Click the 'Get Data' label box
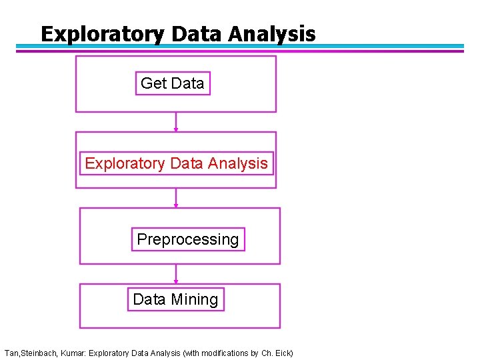click(x=173, y=83)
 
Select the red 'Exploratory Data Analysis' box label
click(x=177, y=163)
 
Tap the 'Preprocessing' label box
click(x=188, y=239)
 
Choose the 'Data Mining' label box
click(x=175, y=299)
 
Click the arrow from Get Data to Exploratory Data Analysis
click(x=176, y=122)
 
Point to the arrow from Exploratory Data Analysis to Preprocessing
click(x=176, y=198)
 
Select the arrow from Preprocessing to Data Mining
click(x=176, y=273)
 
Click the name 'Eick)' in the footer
click(x=283, y=353)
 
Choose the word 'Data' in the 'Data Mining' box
click(x=149, y=299)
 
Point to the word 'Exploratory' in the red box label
click(x=125, y=163)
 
